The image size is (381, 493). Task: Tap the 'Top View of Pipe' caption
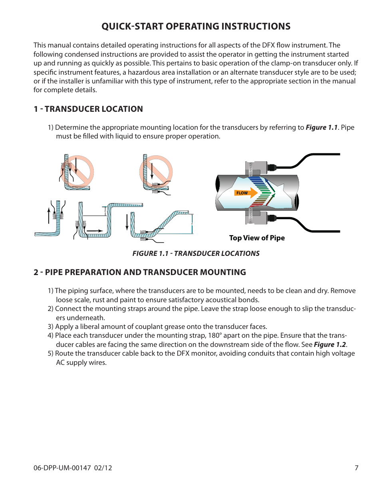257,238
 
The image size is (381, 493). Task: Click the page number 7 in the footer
356,468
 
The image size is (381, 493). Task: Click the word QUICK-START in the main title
132,26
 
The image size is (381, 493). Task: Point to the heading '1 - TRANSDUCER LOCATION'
88,109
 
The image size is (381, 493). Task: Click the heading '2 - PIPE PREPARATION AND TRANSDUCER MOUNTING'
140,272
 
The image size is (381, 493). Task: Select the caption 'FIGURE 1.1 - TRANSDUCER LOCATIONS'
196,253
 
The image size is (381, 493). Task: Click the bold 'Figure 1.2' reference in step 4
329,345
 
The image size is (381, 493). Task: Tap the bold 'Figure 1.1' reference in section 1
321,127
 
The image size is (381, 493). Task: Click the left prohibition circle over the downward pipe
77,172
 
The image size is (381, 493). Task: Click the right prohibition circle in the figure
156,172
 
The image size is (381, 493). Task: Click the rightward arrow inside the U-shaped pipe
95,231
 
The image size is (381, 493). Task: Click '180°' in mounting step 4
214,335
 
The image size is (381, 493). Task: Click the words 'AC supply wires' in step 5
81,362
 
